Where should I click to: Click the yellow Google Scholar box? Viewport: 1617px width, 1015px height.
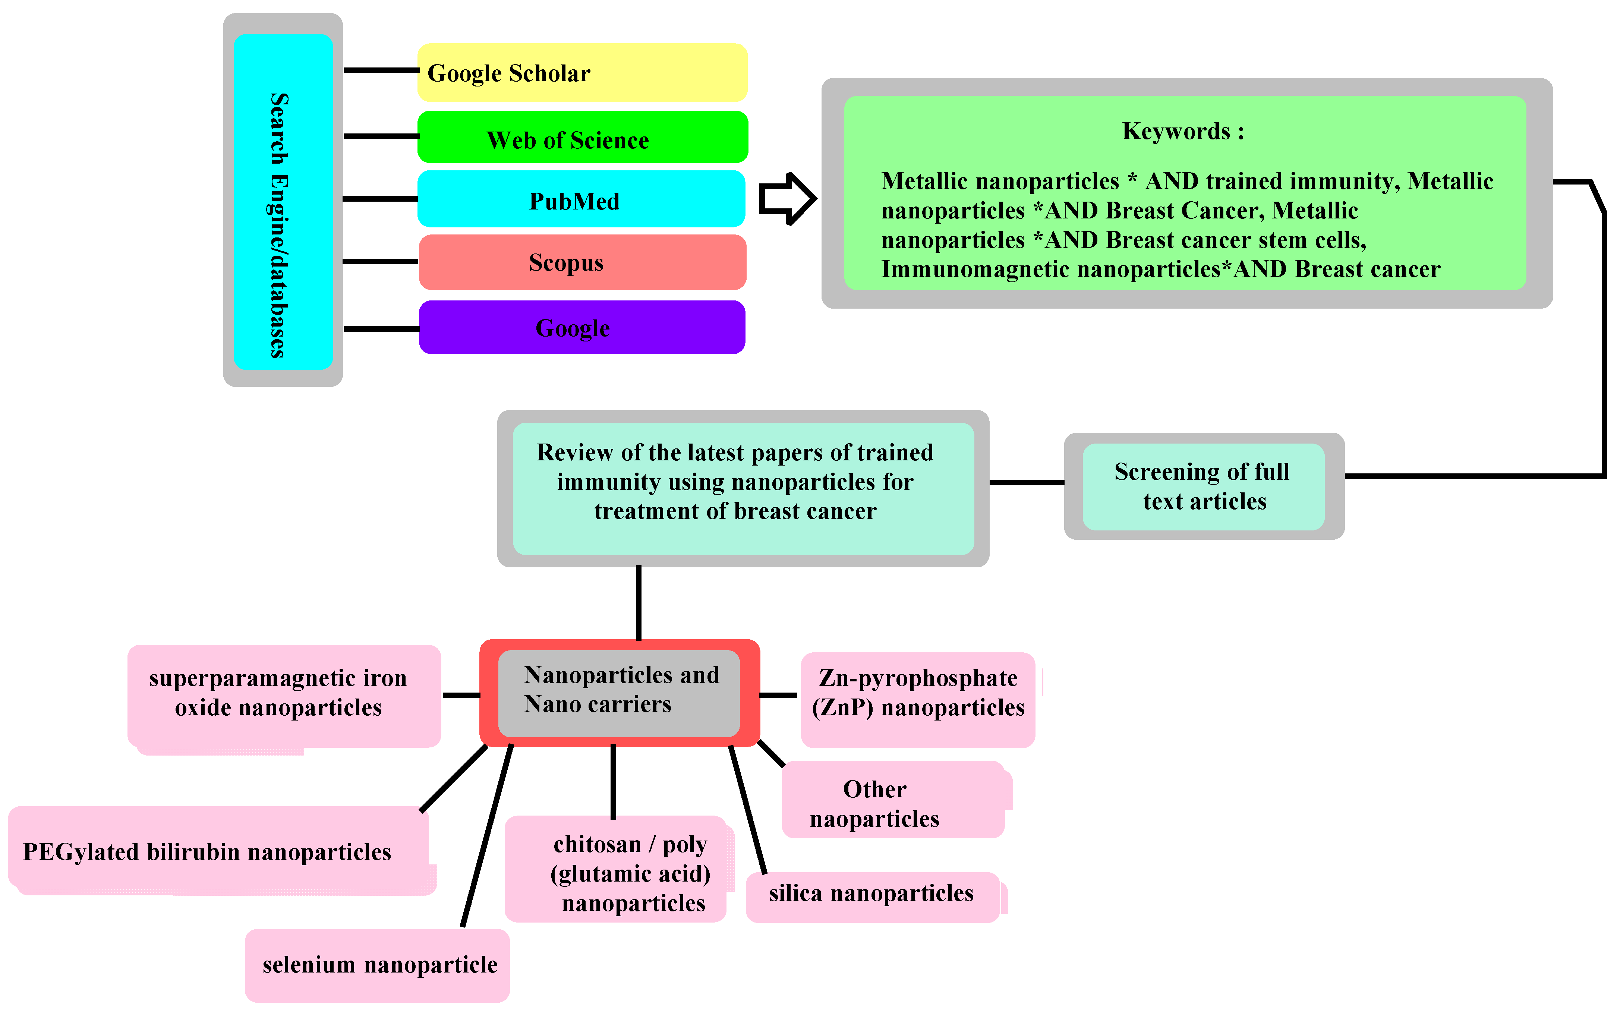581,72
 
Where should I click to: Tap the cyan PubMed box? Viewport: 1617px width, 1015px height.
581,200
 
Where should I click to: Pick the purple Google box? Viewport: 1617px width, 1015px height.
581,328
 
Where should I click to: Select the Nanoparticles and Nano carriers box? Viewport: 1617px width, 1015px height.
619,691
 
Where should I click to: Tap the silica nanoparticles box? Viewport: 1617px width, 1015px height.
871,895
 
